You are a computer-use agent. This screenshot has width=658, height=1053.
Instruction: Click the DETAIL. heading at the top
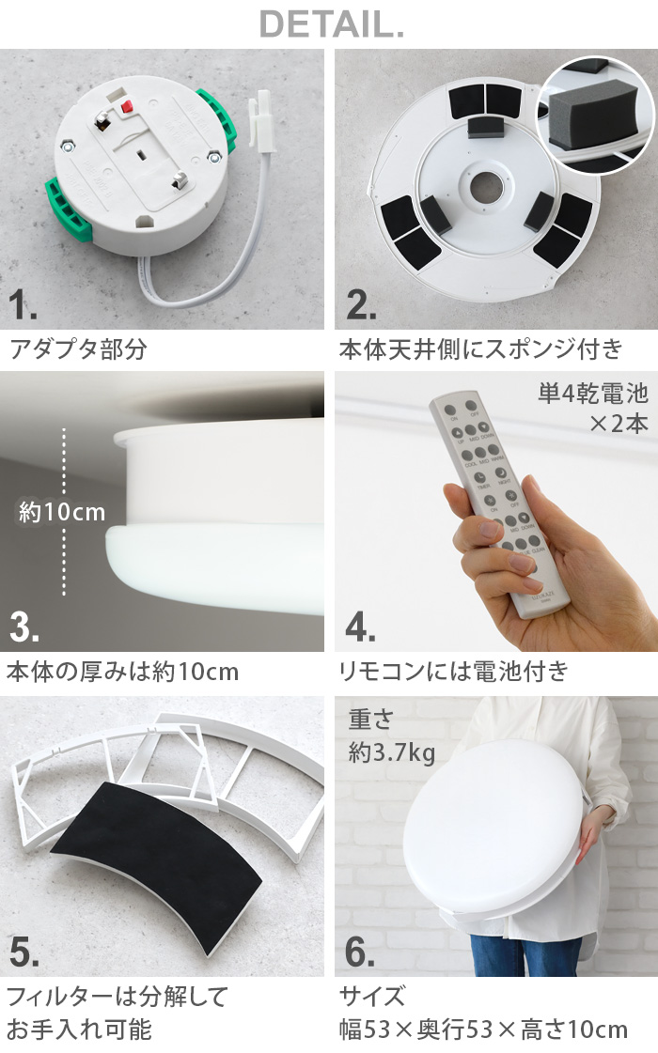331,24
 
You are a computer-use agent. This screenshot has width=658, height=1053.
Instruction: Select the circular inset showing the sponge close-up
594,115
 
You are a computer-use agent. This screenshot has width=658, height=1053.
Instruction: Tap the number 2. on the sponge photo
359,305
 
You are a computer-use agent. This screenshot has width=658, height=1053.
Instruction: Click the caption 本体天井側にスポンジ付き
480,350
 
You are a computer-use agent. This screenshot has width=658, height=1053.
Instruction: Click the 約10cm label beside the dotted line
62,514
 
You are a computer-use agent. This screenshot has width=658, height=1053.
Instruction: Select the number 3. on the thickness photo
25,627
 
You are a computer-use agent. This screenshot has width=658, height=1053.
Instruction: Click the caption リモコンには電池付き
453,672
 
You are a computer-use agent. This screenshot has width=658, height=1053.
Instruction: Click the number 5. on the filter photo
25,952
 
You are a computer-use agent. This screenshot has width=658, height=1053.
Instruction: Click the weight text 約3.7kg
391,751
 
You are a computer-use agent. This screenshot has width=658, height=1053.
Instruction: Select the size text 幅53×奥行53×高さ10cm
483,1029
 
